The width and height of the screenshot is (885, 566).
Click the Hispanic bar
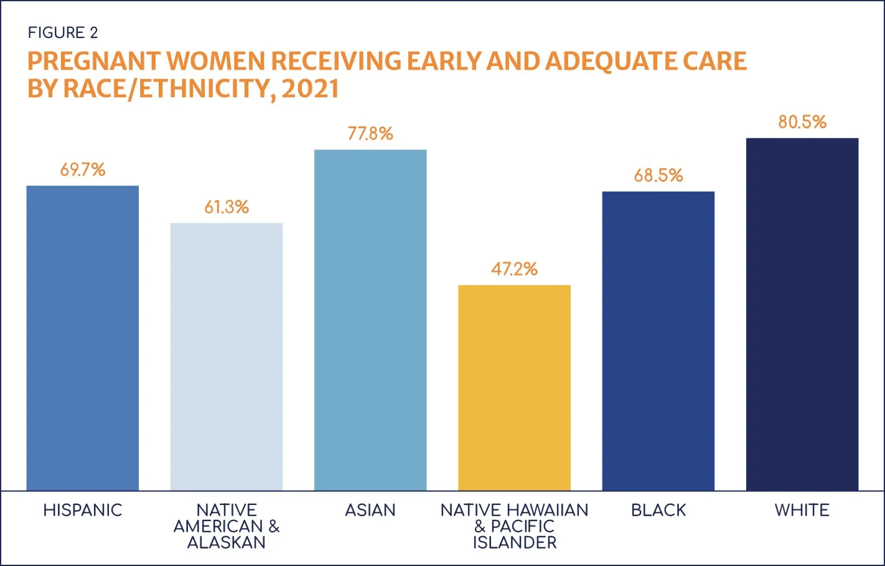82,338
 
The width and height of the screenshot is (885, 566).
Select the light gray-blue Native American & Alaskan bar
227,357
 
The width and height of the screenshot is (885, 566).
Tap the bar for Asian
370,320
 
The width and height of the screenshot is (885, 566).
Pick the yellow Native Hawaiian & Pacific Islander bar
514,388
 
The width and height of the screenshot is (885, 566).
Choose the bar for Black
658,341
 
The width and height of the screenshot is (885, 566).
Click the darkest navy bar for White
802,314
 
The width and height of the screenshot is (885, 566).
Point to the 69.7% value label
83,170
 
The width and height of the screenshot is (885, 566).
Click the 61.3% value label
227,207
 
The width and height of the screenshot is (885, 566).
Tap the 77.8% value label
370,134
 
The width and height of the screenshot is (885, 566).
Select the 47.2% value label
514,269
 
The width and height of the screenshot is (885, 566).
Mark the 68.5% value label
658,176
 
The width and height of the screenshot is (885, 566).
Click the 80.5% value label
802,122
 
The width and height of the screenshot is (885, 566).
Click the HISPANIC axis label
83,511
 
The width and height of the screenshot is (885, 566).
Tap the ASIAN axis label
370,511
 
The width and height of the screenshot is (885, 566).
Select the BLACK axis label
658,511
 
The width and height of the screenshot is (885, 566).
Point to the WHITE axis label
802,511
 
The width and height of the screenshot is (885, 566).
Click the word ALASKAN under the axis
227,543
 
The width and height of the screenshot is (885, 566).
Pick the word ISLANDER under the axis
515,543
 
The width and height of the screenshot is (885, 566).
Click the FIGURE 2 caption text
63,32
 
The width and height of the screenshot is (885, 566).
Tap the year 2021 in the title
310,88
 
